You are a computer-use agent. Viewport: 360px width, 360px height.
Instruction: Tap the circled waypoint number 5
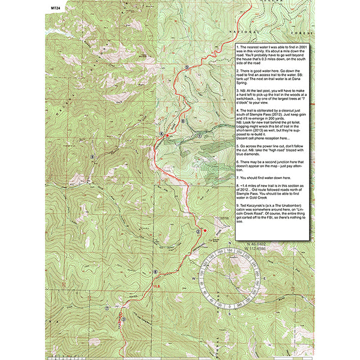coord(188,68)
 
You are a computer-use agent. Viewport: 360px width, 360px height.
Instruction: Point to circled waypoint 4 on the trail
coord(161,134)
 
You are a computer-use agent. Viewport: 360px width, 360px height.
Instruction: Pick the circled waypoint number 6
coord(155,272)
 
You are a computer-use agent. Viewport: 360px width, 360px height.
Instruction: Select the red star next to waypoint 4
coord(167,137)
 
